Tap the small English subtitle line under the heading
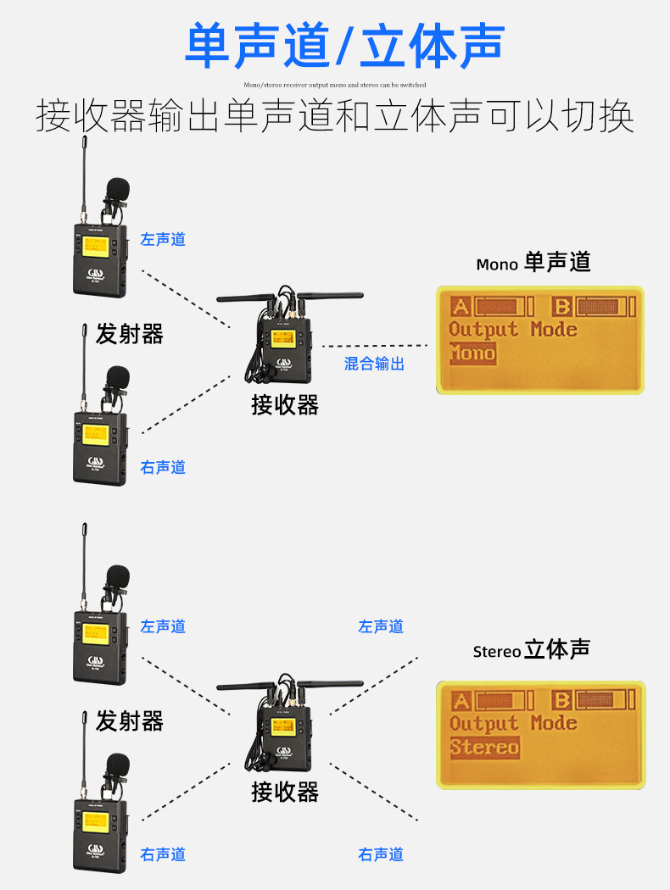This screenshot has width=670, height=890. pos(334,85)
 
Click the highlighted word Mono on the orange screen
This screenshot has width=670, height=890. pos(472,353)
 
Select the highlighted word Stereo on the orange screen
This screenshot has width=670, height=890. pos(484,747)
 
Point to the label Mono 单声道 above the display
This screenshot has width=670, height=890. pos(533,263)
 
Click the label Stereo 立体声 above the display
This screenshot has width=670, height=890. pos(531,651)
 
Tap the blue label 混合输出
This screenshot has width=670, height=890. pos(374,364)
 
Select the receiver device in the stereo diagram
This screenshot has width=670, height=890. pos(284,731)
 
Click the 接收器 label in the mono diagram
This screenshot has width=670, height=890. pos(285,405)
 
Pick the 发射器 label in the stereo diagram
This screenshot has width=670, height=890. pos(129,721)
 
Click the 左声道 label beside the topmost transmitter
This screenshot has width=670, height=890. pos(163,240)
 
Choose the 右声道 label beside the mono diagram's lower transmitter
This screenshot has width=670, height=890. pos(163,467)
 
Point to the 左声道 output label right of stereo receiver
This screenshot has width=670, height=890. pos(381,626)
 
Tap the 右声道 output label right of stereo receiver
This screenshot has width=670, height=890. pos(381,854)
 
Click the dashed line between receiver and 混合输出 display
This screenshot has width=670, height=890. pos(374,346)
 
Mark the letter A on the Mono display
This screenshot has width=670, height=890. pos(461,306)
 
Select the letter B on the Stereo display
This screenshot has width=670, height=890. pos(561,700)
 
